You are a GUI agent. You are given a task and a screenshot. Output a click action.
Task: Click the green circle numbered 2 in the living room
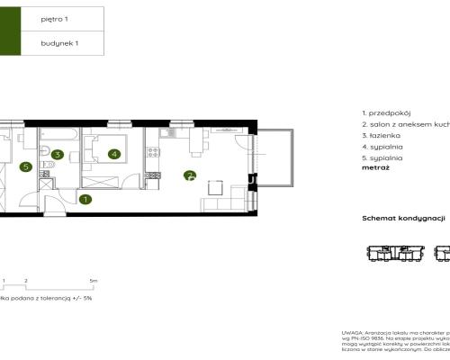(x=189, y=175)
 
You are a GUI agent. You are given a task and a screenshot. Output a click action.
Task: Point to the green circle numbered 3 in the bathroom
(x=57, y=155)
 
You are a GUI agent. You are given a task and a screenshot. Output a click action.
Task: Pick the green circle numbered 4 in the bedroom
(x=113, y=154)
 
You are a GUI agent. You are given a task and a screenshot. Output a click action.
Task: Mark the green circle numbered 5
(x=26, y=166)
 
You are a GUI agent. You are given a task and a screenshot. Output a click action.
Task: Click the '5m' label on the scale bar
(x=93, y=281)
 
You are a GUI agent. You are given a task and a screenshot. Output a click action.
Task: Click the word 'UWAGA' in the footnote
(x=353, y=333)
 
